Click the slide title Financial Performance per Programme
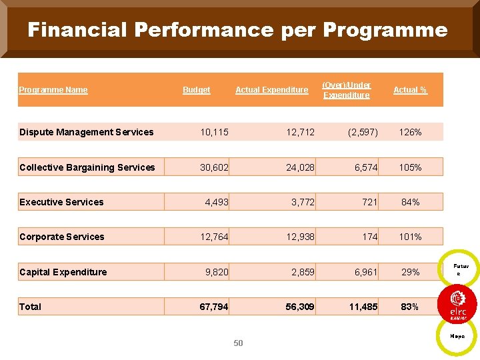coord(237,30)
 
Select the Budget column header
coord(197,90)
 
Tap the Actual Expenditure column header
coord(272,90)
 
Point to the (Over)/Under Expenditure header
coord(346,90)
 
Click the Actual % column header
coord(410,90)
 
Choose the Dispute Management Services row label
coord(87,132)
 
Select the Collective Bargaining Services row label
coord(87,167)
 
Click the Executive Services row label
coord(62,202)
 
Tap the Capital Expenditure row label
coord(63,272)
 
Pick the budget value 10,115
coord(215,132)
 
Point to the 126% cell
coord(410,132)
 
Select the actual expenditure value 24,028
coord(300,167)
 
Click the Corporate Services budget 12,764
coord(215,237)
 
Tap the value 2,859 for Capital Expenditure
coord(303,272)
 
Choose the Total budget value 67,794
coord(215,307)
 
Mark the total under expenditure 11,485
coord(363,307)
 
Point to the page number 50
coord(239,343)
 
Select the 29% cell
coord(410,272)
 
